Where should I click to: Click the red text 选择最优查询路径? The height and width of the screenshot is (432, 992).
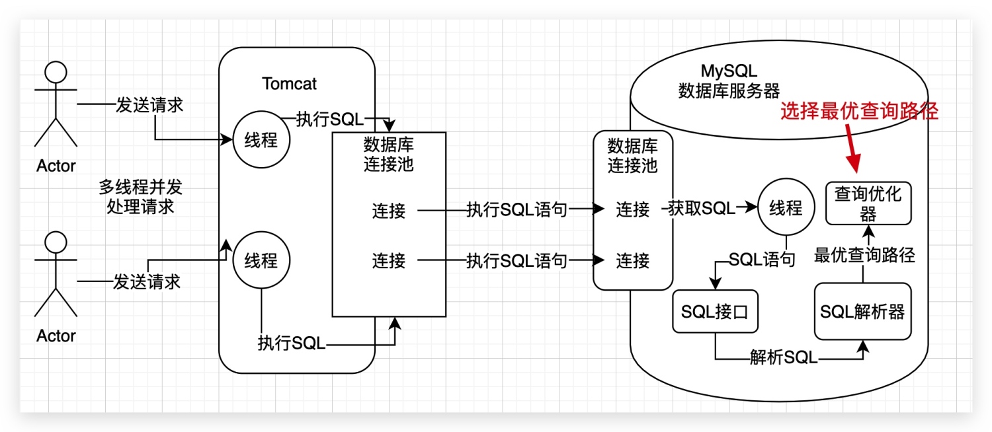(x=859, y=112)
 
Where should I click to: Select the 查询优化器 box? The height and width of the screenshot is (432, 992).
(x=868, y=203)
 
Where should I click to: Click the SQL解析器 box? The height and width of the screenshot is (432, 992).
(x=862, y=312)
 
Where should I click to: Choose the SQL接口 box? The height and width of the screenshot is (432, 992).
(x=715, y=312)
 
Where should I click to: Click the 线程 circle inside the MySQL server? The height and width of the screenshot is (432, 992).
(x=786, y=208)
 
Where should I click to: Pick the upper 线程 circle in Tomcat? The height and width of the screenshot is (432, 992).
(x=261, y=140)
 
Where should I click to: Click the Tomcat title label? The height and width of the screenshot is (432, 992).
(x=289, y=84)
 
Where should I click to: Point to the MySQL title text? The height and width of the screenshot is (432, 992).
(x=729, y=71)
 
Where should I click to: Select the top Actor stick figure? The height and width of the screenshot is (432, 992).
(x=56, y=106)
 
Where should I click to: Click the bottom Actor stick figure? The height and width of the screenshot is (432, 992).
(x=56, y=276)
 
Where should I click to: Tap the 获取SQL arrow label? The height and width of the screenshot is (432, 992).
(x=701, y=209)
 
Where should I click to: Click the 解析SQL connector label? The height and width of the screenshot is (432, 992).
(x=784, y=358)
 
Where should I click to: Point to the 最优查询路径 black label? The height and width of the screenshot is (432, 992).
(x=864, y=256)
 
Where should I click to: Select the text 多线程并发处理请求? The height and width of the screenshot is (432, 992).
(x=140, y=197)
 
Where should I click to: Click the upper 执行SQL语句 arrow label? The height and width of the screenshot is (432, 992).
(x=517, y=210)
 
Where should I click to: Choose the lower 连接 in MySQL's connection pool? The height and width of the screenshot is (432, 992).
(x=633, y=261)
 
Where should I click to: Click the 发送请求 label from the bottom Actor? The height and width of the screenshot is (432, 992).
(x=147, y=282)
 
